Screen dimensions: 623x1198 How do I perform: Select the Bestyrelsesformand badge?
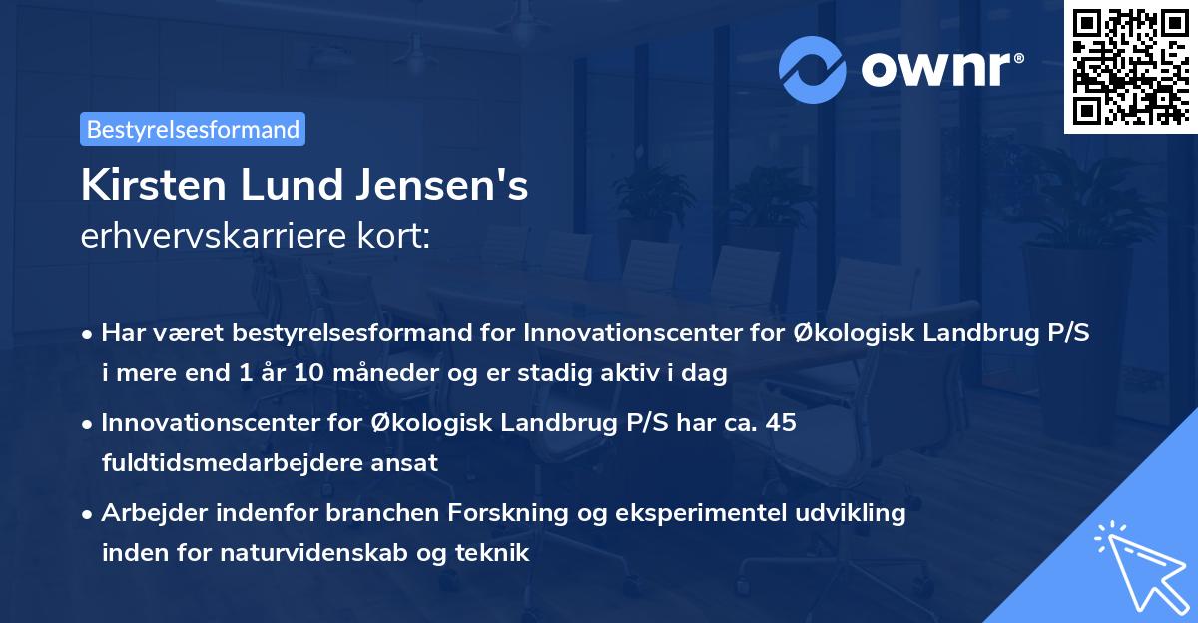click(x=193, y=129)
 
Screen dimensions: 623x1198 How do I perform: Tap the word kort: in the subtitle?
click(x=394, y=236)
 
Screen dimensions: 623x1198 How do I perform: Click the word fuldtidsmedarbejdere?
click(x=237, y=462)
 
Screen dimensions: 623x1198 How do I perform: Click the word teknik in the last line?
click(x=496, y=552)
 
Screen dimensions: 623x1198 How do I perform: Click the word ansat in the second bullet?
click(x=408, y=462)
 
